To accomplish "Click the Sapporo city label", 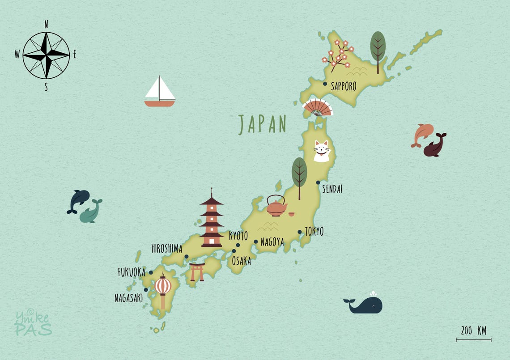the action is [344, 86].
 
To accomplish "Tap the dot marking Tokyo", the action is [299, 232].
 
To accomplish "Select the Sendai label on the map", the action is [332, 189].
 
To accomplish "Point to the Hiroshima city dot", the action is [187, 257].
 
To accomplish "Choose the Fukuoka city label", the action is [132, 272].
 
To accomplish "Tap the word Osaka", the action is [241, 261].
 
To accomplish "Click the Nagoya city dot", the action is [256, 242].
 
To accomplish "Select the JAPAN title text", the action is [262, 125].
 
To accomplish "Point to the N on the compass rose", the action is [46, 24].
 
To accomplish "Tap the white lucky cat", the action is [321, 151].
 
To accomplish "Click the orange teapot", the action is [276, 206].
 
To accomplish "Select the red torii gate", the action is [197, 272].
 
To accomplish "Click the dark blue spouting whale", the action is [365, 305].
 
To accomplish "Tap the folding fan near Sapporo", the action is [317, 108].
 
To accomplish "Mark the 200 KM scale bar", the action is [473, 339].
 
